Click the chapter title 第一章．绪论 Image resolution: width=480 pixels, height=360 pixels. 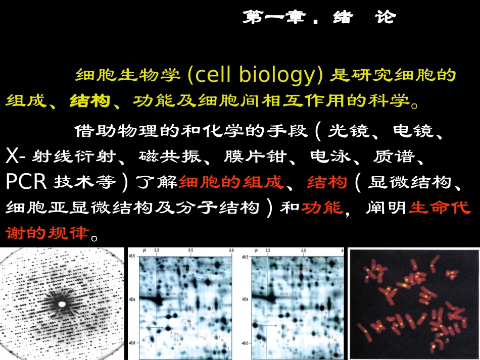tap(319, 18)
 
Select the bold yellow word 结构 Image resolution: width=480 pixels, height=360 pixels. tap(89, 100)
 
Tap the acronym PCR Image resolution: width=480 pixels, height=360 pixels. tap(26, 182)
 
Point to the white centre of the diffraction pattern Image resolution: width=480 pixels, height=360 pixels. tap(62, 304)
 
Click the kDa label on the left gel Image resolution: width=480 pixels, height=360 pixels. tap(132, 299)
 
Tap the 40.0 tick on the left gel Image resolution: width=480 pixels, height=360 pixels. tap(132, 343)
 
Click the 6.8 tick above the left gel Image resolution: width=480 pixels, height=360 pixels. tap(230, 250)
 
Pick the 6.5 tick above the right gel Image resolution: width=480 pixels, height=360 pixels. tap(304, 250)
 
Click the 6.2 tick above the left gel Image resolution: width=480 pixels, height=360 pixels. tap(157, 250)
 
